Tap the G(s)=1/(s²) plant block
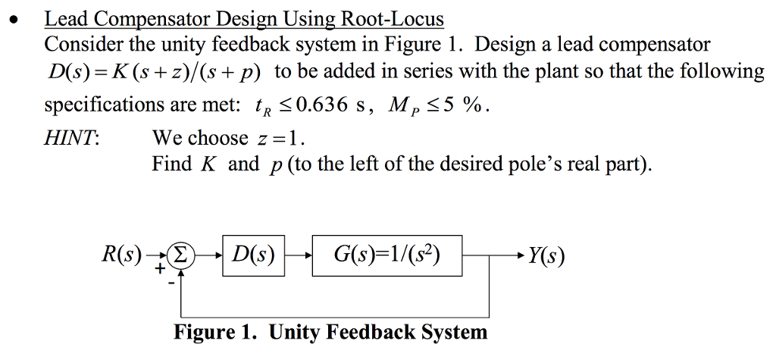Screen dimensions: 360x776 point(386,255)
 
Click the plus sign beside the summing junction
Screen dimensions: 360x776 point(161,268)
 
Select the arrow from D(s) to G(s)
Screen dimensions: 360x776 point(298,255)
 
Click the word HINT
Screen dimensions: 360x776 point(71,139)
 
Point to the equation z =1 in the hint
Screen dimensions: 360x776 point(280,139)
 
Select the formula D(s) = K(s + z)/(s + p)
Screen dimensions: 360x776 point(155,73)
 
